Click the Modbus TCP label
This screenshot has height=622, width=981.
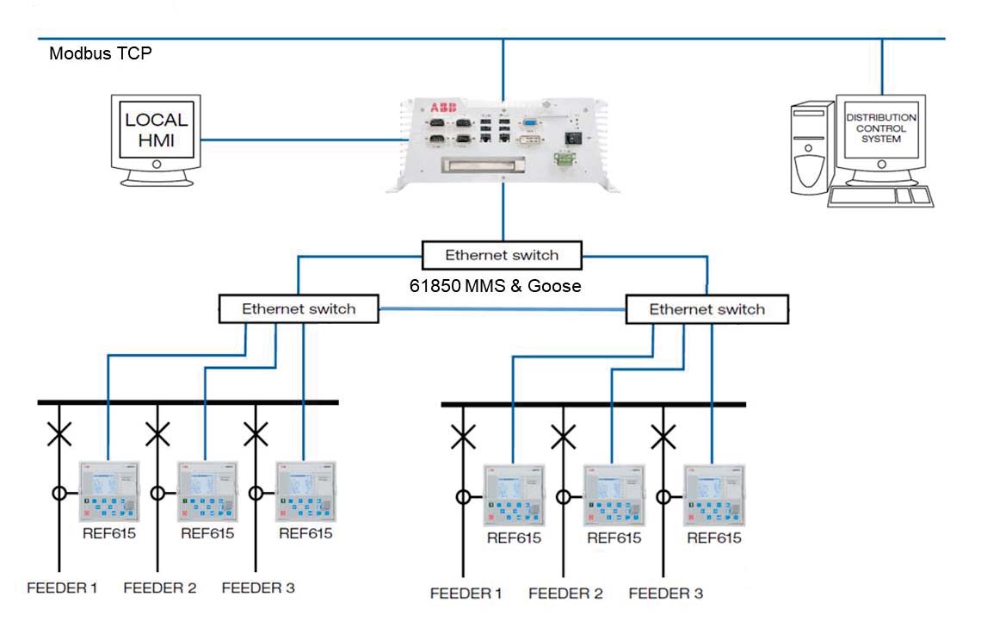coord(102,53)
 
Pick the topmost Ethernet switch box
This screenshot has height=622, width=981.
coord(502,255)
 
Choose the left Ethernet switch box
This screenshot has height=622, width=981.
coord(299,308)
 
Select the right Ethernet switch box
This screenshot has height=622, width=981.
coord(706,309)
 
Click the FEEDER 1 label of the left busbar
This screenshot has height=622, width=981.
coord(61,588)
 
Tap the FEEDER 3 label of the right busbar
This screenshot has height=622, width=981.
coord(665,593)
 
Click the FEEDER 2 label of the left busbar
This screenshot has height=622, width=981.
coord(160,588)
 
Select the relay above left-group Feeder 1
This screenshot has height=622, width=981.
coord(108,491)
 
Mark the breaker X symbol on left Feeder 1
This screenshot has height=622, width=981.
coord(59,434)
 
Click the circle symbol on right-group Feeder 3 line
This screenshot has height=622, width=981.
coord(663,496)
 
